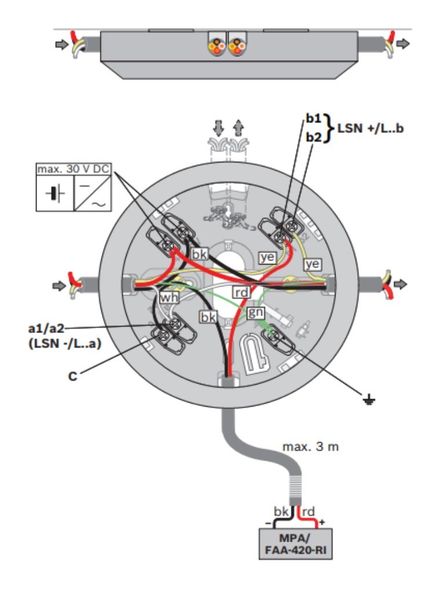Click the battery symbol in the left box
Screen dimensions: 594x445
[55, 193]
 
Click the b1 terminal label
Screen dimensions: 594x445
[313, 118]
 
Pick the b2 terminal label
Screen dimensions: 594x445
[313, 137]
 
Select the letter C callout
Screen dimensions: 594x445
[72, 376]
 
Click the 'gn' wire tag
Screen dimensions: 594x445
[256, 313]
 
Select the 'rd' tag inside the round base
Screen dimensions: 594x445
[241, 292]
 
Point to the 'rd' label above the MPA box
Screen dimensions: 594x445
[309, 512]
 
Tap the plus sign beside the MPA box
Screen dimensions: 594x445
[322, 521]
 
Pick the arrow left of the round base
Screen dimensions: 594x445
[58, 285]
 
